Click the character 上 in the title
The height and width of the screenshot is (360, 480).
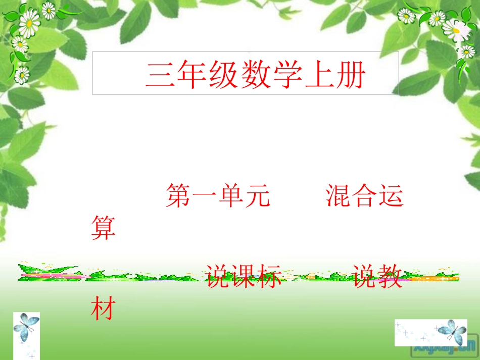(x=319, y=76)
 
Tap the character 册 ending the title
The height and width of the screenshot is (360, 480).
(x=351, y=76)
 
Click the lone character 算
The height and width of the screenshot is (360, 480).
(x=104, y=228)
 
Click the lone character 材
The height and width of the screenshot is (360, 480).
(x=104, y=308)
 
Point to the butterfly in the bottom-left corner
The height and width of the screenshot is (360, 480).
(x=26, y=328)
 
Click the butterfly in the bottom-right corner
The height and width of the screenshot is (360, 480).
(x=451, y=331)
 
